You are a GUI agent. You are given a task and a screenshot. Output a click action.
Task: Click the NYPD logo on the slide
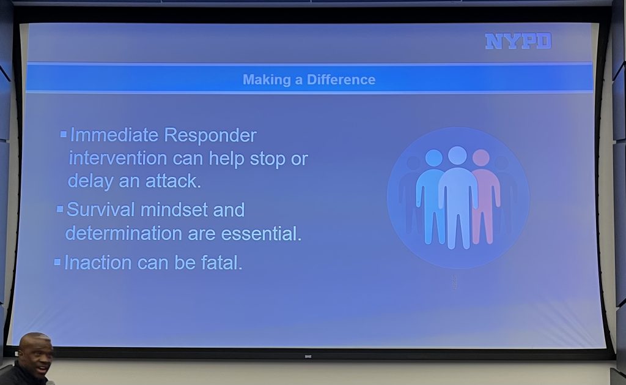coord(518,41)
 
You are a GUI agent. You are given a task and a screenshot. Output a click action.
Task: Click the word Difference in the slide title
coord(341,80)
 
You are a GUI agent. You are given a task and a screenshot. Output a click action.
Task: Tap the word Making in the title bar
coord(267,80)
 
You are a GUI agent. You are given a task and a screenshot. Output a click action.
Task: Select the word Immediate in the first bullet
coord(114,135)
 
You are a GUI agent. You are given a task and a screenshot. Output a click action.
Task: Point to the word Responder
coord(210,136)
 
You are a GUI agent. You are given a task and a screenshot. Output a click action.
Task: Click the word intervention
coord(118,158)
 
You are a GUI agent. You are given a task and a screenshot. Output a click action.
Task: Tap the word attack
coord(173,181)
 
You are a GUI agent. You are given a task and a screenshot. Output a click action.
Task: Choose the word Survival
coord(101,209)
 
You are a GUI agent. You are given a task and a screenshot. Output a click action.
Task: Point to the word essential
coord(261,234)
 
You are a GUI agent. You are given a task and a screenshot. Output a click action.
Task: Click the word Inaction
coord(98,263)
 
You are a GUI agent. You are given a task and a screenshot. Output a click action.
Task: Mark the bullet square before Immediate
coord(64,134)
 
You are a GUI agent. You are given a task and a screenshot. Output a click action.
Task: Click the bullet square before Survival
coord(60,209)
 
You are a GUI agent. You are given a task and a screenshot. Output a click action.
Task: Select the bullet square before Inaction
coord(57,262)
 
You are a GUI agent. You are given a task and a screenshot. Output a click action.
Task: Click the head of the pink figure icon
coord(481,157)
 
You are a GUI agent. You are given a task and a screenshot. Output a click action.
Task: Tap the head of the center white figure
coord(457,155)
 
